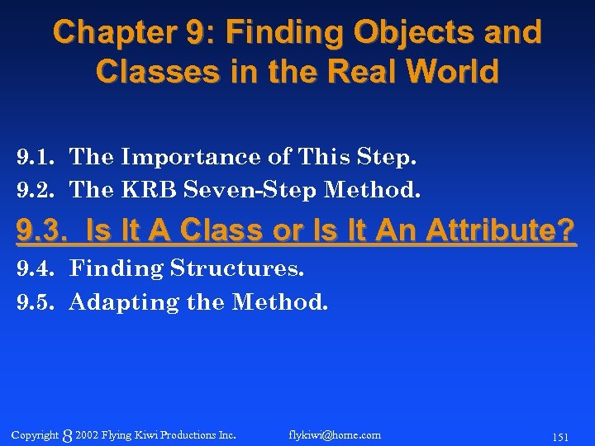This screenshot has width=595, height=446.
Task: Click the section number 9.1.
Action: tap(36, 156)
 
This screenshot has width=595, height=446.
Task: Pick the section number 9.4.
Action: tap(36, 268)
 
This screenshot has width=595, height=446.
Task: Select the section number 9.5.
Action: tap(36, 303)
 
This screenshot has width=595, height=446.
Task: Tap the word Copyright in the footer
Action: tap(36, 434)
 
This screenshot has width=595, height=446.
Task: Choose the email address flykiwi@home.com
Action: tap(335, 434)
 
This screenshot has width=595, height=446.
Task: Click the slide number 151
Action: tap(559, 436)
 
